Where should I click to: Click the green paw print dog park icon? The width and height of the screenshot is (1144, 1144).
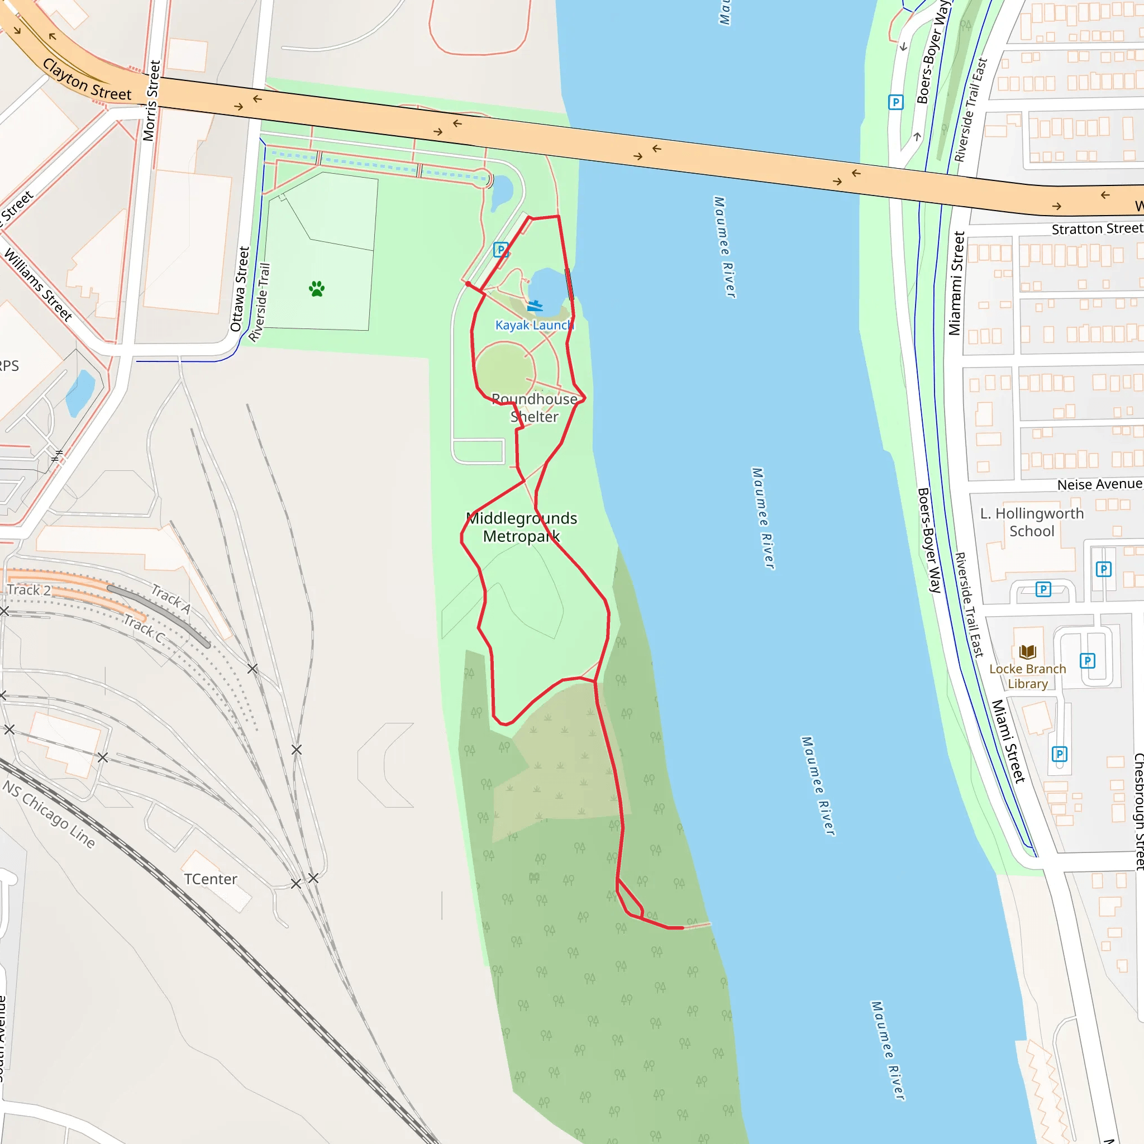point(317,289)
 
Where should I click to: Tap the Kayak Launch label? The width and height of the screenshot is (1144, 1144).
point(534,325)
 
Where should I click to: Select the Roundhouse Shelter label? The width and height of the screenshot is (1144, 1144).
point(534,408)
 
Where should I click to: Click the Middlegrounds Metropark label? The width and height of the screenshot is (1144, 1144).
point(522,527)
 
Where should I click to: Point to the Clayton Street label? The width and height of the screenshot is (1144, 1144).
point(87,80)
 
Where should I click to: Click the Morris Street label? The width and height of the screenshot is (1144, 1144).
point(151,101)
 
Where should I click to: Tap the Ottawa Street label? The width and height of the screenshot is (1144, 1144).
point(240,289)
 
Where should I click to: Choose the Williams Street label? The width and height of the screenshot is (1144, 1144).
point(39,285)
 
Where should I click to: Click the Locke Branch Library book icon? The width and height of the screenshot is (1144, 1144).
point(1028,652)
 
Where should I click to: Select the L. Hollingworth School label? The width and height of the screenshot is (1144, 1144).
point(1032,522)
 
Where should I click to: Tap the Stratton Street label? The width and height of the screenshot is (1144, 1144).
point(1097,228)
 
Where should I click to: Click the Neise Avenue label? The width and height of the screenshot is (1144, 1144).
point(1099,484)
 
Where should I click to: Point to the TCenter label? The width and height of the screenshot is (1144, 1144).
point(210,879)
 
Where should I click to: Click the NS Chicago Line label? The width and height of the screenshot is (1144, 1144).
point(49,814)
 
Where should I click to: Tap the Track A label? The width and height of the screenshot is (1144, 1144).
point(170,599)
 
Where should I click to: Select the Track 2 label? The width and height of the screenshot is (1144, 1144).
point(28,590)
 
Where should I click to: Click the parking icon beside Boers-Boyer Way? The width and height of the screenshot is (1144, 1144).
point(896,102)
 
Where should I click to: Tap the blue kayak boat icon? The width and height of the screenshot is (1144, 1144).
point(535,306)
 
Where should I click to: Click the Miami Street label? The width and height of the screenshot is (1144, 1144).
point(1008,741)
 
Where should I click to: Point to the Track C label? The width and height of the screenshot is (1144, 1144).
point(144,629)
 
